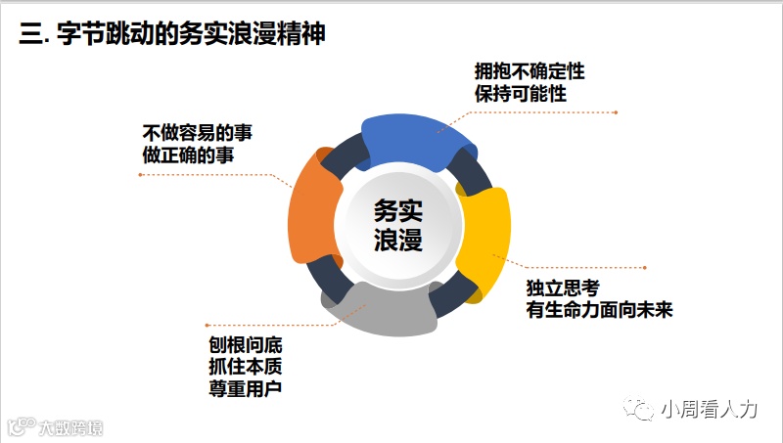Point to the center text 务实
[398, 210]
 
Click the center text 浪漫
[398, 241]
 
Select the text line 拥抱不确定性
[529, 71]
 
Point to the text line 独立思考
[562, 288]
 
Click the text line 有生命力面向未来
[599, 310]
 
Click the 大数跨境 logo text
[69, 428]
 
